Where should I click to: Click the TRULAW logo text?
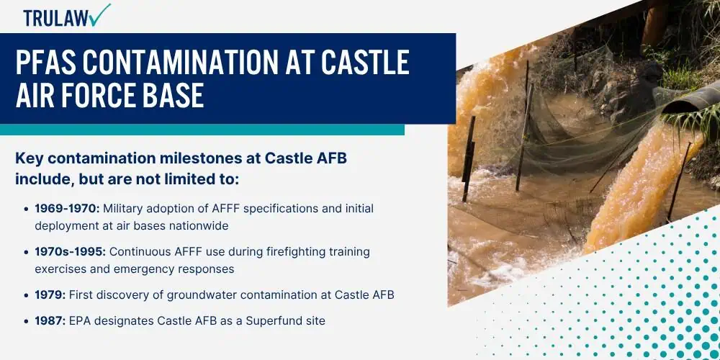coord(56,18)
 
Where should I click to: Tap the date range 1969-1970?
coord(67,209)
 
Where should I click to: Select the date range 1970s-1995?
coord(71,251)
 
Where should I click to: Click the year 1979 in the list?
coord(50,294)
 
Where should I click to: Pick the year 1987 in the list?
coord(50,320)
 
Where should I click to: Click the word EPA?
coord(79,320)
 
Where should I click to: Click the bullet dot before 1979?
coord(27,295)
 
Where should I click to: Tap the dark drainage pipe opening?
coord(689,99)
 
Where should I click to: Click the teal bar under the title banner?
coord(202,130)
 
